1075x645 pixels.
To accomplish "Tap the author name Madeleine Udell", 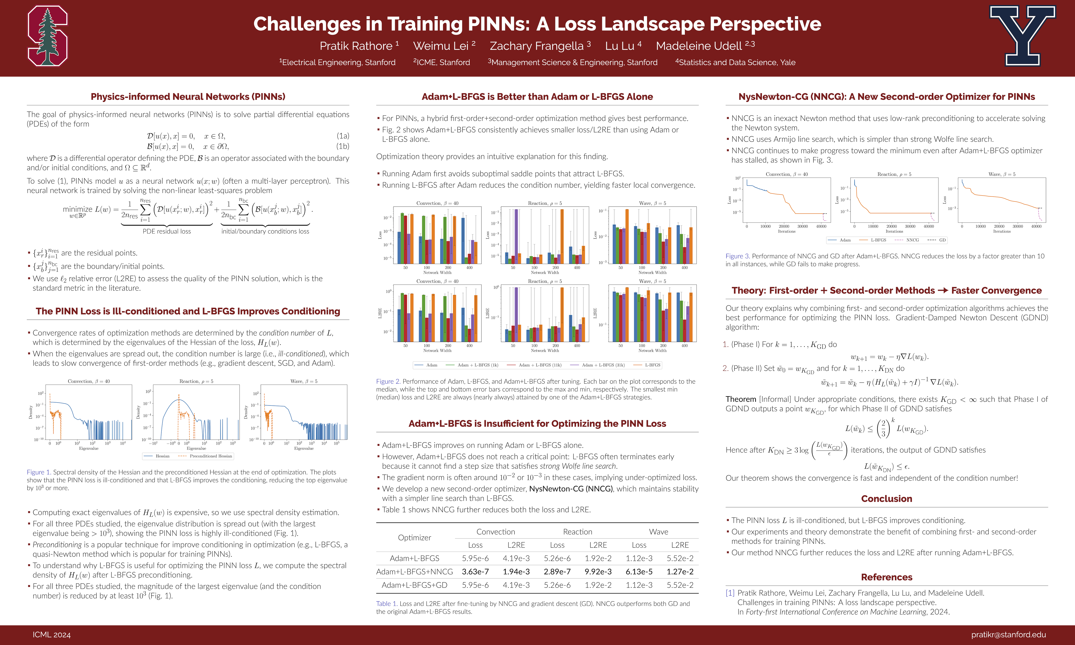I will [x=699, y=46].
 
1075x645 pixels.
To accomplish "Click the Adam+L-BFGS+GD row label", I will [x=414, y=585].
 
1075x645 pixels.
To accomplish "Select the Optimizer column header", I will [x=414, y=538].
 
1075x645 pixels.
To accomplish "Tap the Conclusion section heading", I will [x=886, y=499].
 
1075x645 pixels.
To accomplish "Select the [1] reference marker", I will [x=730, y=593].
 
